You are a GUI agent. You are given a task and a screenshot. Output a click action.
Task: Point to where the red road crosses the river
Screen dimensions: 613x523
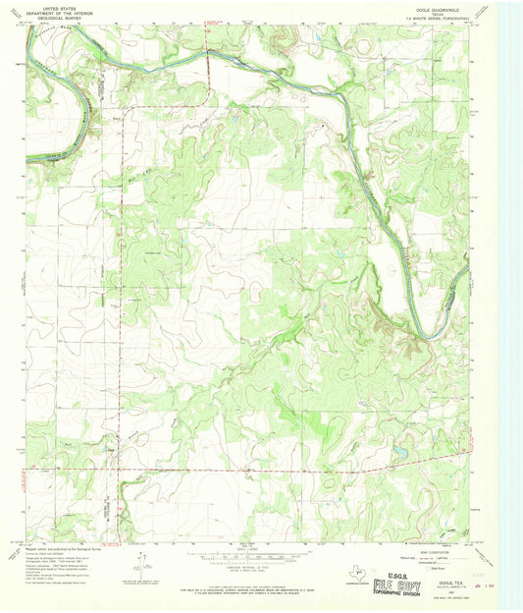coord(210,57)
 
